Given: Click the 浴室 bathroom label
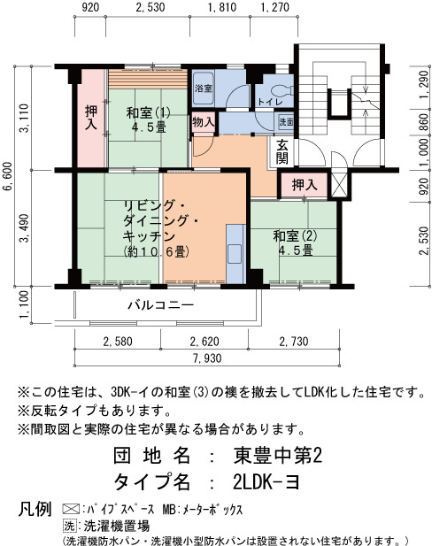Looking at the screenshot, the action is pos(204,88).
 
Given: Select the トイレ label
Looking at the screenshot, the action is pos(270,102).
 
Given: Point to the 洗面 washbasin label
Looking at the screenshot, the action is pos(286,122).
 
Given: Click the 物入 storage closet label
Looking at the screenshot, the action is pos(204,122).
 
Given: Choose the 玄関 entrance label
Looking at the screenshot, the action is pos(282,151).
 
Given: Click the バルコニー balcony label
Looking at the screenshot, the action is pos(160,305).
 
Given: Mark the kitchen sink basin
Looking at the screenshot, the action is pos(234,254).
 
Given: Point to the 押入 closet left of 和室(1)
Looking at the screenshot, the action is pos(91,118).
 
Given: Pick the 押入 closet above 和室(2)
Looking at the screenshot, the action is pos(305,185).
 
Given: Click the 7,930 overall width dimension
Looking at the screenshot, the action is pos(207,358).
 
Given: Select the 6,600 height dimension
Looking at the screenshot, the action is pos(8,176).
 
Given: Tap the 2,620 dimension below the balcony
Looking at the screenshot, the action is pos(204,342).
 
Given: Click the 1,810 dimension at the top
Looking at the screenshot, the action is pos(222,7).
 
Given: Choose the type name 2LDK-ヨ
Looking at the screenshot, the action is pos(266,482).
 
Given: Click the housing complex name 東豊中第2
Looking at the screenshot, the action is pos(278,456).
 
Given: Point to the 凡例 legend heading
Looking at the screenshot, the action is pos(35,510).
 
